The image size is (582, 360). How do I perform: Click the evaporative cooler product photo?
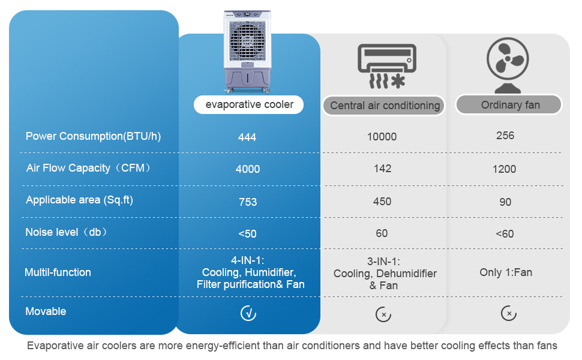click(247, 51)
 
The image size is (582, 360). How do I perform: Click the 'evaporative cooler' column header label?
click(249, 104)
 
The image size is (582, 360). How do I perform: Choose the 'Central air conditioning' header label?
click(385, 106)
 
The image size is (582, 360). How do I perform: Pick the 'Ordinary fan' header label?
click(510, 105)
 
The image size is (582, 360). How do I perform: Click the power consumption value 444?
click(247, 137)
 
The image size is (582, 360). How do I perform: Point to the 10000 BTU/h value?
click(382, 137)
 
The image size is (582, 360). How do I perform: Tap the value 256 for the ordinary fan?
click(505, 136)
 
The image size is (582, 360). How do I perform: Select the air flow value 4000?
click(248, 169)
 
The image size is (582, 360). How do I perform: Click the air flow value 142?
click(382, 169)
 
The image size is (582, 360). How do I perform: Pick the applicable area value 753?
click(248, 202)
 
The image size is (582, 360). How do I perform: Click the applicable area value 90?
click(505, 202)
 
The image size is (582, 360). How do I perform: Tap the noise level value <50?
click(247, 234)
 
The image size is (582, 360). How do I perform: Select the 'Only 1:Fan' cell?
click(506, 272)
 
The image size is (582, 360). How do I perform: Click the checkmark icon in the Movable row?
click(248, 313)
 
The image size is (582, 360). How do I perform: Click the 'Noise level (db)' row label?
click(67, 232)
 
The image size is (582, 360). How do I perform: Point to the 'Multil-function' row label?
click(58, 272)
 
